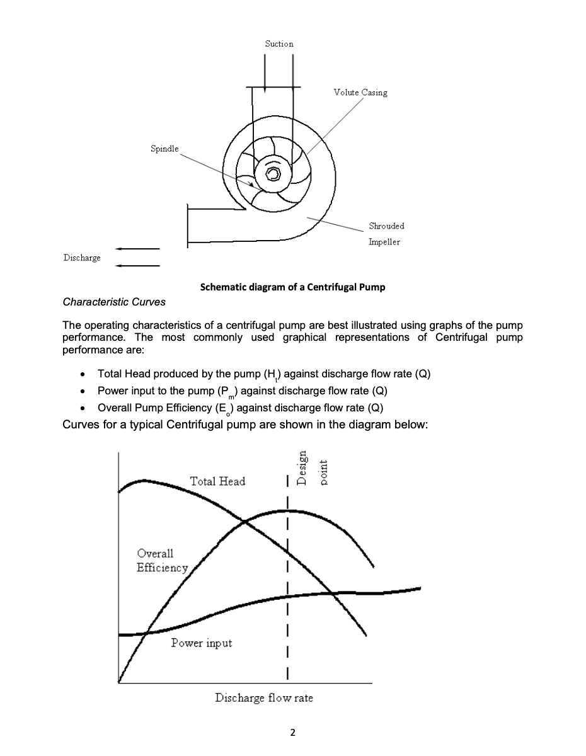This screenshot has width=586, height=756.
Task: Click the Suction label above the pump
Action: coord(279,43)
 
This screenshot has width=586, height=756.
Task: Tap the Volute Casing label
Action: coord(360,92)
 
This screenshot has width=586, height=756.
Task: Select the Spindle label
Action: coord(164,149)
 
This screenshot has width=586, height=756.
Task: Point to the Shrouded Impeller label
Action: coord(386,234)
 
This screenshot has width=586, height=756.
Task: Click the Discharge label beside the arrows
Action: coord(82,258)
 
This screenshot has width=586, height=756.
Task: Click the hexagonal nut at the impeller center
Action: coord(273,173)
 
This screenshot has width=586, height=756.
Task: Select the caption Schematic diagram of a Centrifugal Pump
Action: coord(292,287)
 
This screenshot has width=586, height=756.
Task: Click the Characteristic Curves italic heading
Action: coord(114,302)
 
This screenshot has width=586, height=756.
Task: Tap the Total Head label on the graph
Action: coord(217,481)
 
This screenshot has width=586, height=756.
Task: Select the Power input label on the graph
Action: coord(201,643)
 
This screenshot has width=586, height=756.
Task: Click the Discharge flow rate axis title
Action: coord(263,698)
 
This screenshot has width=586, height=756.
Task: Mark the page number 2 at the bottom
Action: coord(292,733)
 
